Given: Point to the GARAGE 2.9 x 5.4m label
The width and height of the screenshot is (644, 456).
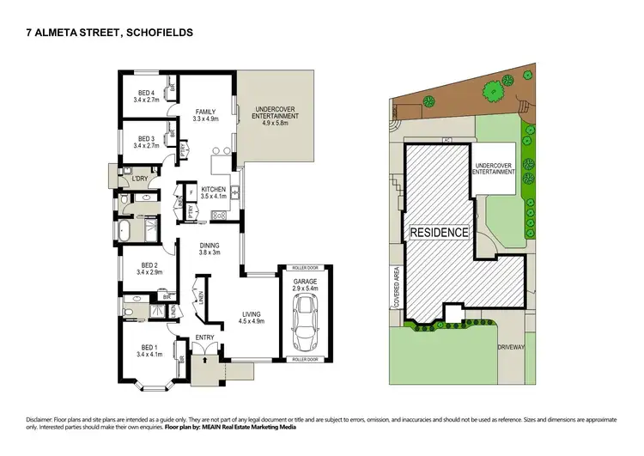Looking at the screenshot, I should click(305, 283).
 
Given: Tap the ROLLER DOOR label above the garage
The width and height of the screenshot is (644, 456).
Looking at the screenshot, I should click(305, 268).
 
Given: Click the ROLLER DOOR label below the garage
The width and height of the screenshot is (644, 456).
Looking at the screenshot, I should click(305, 358).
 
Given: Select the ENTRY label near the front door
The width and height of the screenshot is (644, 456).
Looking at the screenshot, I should click(205, 337).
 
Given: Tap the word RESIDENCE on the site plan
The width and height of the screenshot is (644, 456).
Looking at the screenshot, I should click(439, 233).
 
